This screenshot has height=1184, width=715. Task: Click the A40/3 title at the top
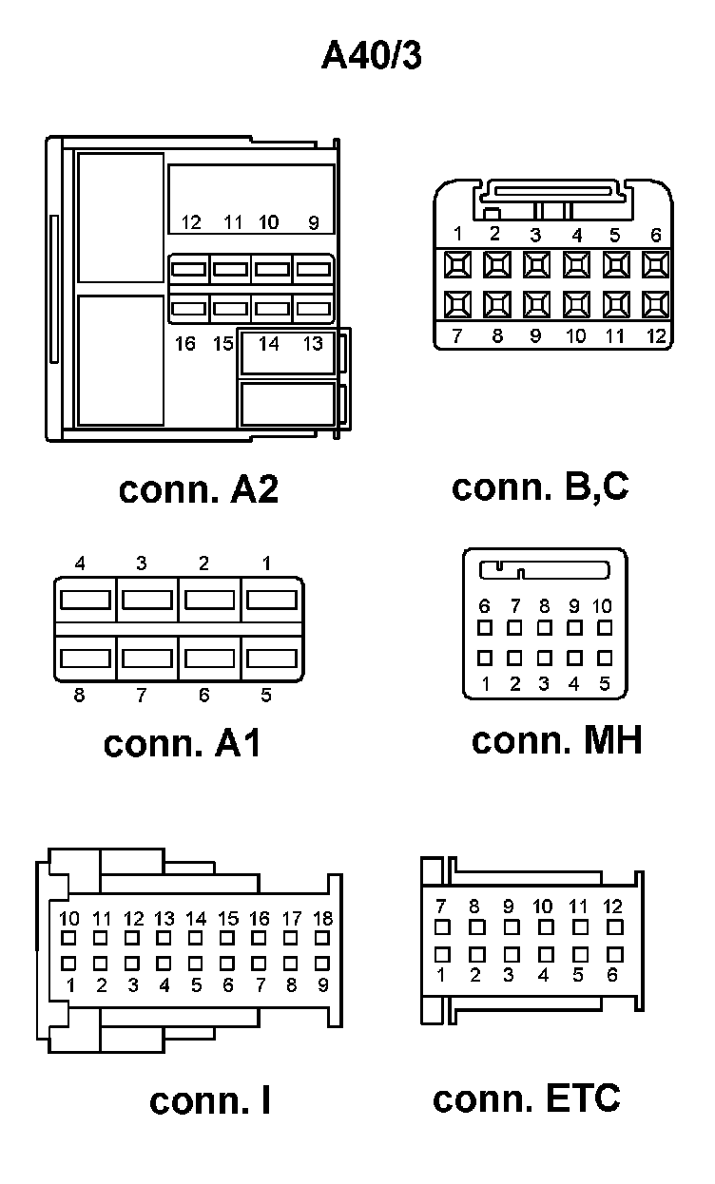[371, 56]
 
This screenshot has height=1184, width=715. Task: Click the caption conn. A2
[199, 490]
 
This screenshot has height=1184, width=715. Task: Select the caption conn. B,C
[540, 487]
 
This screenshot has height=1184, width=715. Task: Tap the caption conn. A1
[182, 743]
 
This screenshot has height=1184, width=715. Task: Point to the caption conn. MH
[556, 740]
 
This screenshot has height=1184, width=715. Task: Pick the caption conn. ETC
[526, 1098]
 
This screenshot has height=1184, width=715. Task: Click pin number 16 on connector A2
[185, 344]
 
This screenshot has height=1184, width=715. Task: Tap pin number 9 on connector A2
[314, 223]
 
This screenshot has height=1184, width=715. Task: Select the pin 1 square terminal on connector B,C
[457, 263]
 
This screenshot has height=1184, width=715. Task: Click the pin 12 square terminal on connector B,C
[655, 304]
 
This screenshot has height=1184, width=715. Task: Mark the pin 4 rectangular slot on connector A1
[86, 600]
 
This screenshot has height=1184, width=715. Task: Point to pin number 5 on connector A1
[266, 696]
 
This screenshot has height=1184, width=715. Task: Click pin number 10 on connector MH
[603, 606]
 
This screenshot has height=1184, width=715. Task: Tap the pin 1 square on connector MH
[485, 657]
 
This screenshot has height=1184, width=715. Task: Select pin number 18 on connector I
[323, 919]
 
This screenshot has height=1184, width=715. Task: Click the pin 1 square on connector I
[69, 964]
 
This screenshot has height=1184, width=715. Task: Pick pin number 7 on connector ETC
[440, 907]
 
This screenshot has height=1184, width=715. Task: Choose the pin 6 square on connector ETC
[614, 953]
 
